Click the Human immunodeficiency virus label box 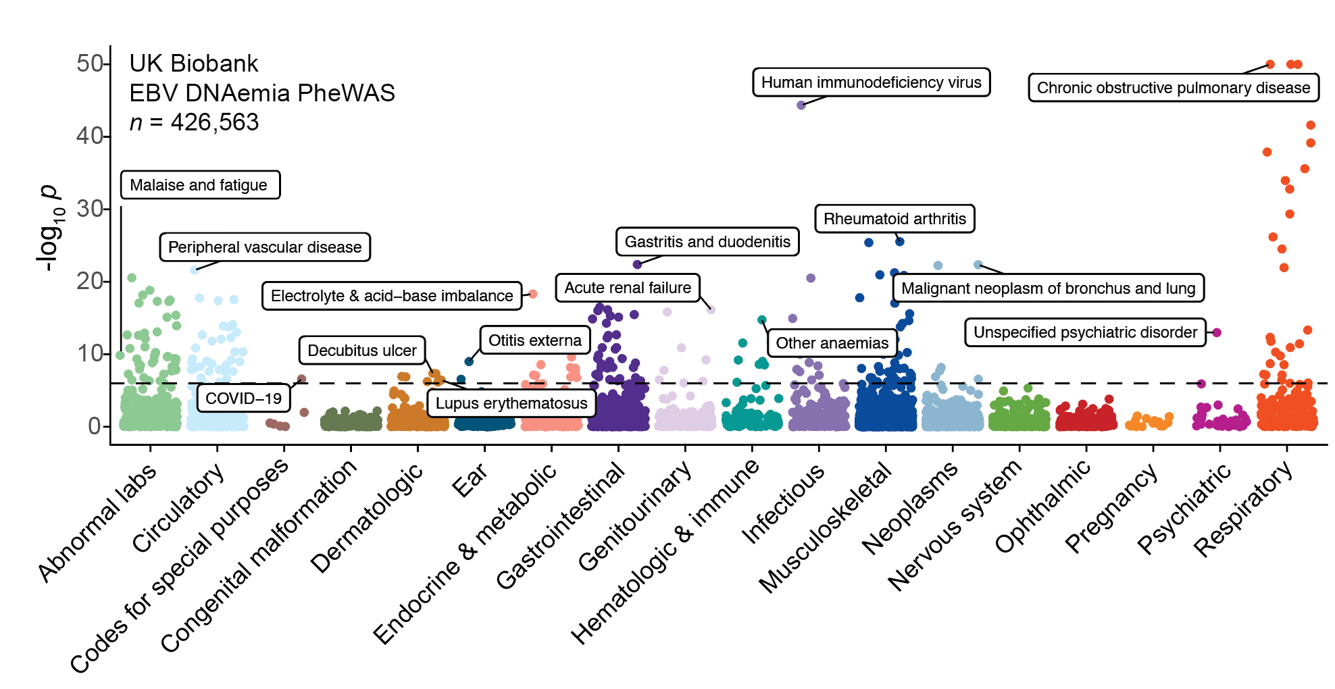[871, 82]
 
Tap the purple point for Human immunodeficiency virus [801, 105]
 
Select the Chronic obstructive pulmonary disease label [1173, 88]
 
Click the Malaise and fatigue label [199, 185]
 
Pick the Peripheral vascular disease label [265, 247]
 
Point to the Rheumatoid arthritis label [895, 219]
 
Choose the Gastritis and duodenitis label [707, 242]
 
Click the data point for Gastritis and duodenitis [637, 264]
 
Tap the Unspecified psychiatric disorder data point [1217, 332]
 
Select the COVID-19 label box [243, 399]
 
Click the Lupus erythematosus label [511, 403]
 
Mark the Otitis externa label [535, 340]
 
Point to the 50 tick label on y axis [89, 63]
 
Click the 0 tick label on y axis [95, 426]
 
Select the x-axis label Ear [469, 480]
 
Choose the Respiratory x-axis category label [1242, 509]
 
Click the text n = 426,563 [194, 122]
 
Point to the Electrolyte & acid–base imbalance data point [532, 294]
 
